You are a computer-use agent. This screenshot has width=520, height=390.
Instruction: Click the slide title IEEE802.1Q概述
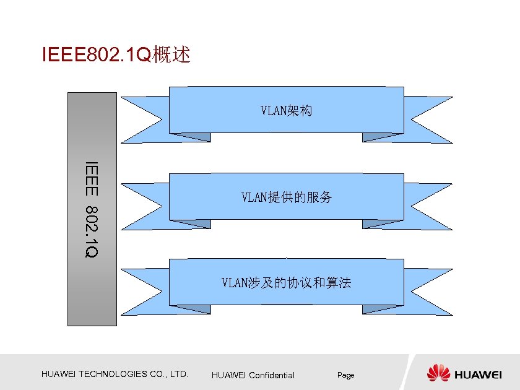pos(115,55)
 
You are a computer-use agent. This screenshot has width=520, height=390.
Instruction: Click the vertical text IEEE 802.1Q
pos(92,209)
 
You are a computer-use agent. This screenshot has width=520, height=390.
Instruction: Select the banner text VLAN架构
pos(286,111)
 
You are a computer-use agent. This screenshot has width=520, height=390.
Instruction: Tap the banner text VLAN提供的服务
pos(286,197)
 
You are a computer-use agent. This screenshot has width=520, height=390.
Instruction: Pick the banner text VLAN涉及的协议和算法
pos(286,283)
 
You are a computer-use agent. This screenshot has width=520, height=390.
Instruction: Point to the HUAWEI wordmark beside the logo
pos(479,375)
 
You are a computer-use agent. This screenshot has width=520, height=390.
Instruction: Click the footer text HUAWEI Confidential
pos(253,375)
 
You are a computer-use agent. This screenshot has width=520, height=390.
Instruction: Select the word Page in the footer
pos(345,375)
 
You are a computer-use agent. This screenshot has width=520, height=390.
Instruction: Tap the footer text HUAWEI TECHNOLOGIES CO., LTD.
pos(115,374)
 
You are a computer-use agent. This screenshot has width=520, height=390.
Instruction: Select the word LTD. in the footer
pos(179,374)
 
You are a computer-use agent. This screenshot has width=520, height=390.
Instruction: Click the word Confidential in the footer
pos(272,375)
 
